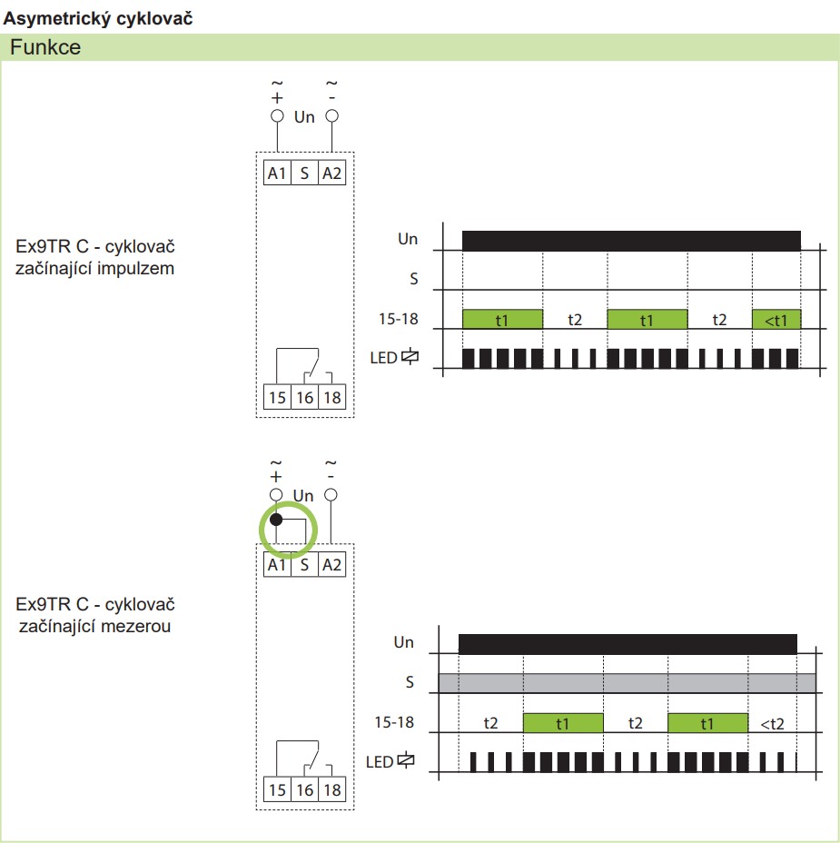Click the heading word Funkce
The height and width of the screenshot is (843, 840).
(45, 47)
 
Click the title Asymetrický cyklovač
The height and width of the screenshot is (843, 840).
(98, 19)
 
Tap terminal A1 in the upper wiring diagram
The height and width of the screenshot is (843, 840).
(277, 174)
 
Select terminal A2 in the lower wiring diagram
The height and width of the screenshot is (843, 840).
(331, 564)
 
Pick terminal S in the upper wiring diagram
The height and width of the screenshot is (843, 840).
(305, 174)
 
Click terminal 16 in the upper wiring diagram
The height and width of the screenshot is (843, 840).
(305, 397)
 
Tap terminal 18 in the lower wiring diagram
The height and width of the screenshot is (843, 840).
(331, 789)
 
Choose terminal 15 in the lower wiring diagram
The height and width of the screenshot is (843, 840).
(277, 789)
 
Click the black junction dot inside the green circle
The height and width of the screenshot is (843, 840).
(276, 520)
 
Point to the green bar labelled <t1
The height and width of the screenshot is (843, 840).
(776, 320)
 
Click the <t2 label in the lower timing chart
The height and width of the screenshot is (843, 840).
(772, 724)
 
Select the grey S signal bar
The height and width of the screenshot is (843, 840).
(628, 683)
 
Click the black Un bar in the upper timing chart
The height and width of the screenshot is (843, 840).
(631, 241)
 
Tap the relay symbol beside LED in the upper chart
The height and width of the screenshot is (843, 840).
(410, 356)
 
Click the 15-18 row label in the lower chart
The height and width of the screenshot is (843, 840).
(394, 722)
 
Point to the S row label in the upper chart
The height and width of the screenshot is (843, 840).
(414, 279)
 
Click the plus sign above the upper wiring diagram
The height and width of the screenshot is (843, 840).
(277, 98)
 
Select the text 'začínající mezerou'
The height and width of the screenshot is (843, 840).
(94, 626)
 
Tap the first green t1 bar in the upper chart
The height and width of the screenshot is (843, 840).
(502, 320)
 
